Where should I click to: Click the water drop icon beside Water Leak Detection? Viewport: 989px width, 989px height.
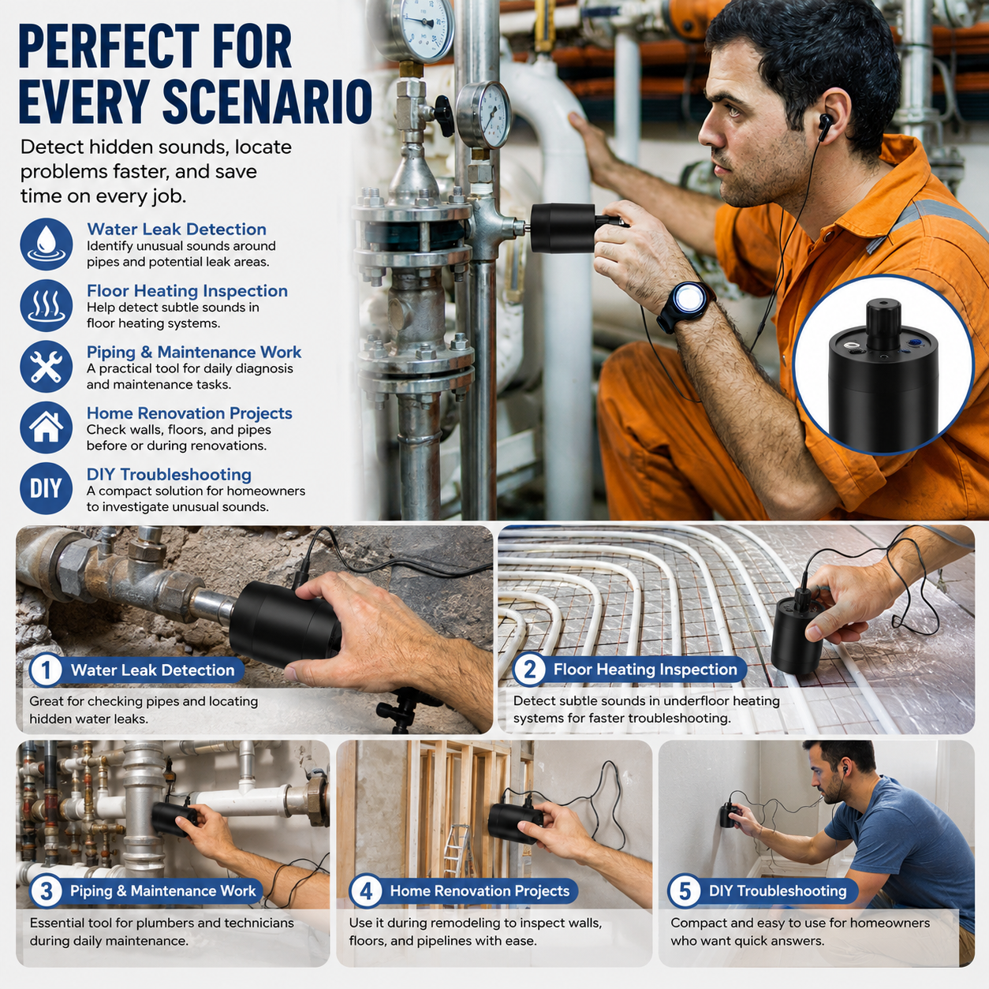click(47, 244)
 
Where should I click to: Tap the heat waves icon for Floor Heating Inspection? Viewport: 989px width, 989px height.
click(47, 305)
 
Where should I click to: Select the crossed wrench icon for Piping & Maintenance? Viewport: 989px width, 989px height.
click(47, 367)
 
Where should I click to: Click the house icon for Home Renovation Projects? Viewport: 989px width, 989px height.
click(47, 427)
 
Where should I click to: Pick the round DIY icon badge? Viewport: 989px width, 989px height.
click(47, 489)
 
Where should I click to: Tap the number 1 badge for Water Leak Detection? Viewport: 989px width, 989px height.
click(46, 670)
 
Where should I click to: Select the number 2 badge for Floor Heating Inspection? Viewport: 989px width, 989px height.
click(528, 670)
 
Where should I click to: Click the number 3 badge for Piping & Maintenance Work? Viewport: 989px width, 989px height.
click(47, 891)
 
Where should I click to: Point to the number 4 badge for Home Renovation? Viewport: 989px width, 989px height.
click(365, 891)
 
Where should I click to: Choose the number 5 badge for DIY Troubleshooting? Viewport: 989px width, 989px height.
click(685, 891)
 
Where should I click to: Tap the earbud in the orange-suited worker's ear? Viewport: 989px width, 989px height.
click(825, 125)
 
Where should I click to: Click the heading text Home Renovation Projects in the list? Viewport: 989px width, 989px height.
click(188, 413)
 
